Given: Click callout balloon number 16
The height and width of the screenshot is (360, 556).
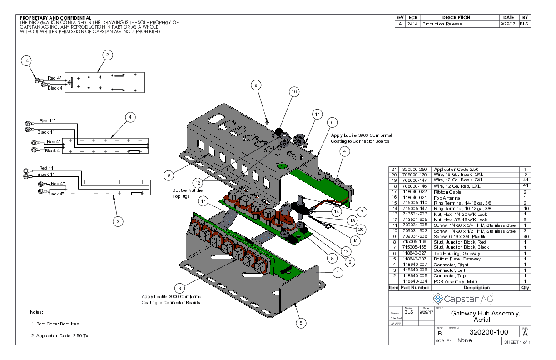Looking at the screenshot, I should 294,92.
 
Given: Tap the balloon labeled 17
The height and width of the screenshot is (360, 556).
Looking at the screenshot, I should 204,200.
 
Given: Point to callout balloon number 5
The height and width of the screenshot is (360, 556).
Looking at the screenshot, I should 300,323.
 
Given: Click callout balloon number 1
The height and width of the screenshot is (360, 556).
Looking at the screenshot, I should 337,272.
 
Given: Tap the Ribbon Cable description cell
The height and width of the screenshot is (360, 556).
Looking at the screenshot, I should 447,192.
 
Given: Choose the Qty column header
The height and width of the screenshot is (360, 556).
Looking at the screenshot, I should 525,288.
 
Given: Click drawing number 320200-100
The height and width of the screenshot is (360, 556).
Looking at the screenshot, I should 488,332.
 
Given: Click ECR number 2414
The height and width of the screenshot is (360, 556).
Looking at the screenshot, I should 412,24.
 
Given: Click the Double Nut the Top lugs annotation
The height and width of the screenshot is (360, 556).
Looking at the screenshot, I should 187,193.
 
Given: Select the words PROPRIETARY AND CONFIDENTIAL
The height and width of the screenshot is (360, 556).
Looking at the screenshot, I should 55,18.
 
